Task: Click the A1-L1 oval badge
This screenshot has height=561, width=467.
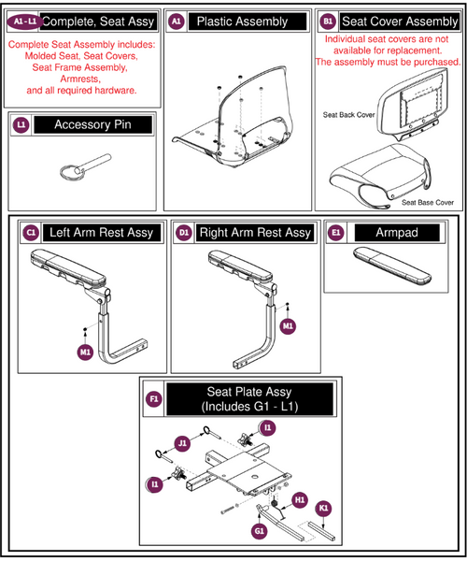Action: click(24, 22)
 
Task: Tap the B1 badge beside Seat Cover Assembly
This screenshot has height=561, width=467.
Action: click(328, 22)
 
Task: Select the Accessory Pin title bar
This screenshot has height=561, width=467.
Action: click(92, 125)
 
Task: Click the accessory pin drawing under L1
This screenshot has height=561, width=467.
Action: click(85, 166)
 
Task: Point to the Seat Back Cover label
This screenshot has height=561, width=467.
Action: click(348, 115)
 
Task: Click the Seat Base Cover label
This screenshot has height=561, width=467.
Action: click(428, 203)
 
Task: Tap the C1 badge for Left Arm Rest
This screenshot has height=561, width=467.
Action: click(31, 233)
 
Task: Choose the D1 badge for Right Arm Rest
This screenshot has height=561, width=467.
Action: click(184, 233)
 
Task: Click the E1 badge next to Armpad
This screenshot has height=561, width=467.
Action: click(335, 233)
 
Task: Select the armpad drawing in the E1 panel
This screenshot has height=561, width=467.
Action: click(392, 266)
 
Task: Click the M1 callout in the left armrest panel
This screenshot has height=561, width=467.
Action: click(85, 352)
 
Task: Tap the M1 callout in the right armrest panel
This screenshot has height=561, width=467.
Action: click(288, 326)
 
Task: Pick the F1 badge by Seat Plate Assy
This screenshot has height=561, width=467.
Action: click(154, 399)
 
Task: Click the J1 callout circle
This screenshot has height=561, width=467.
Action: click(182, 443)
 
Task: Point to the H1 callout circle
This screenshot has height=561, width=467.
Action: click(300, 500)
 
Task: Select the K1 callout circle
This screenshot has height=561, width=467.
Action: click(323, 509)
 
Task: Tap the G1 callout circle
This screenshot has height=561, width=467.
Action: click(260, 531)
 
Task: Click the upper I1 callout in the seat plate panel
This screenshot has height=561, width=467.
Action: click(268, 427)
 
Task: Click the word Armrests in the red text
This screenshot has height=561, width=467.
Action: click(80, 79)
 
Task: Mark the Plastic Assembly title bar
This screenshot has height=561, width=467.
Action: click(248, 22)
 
